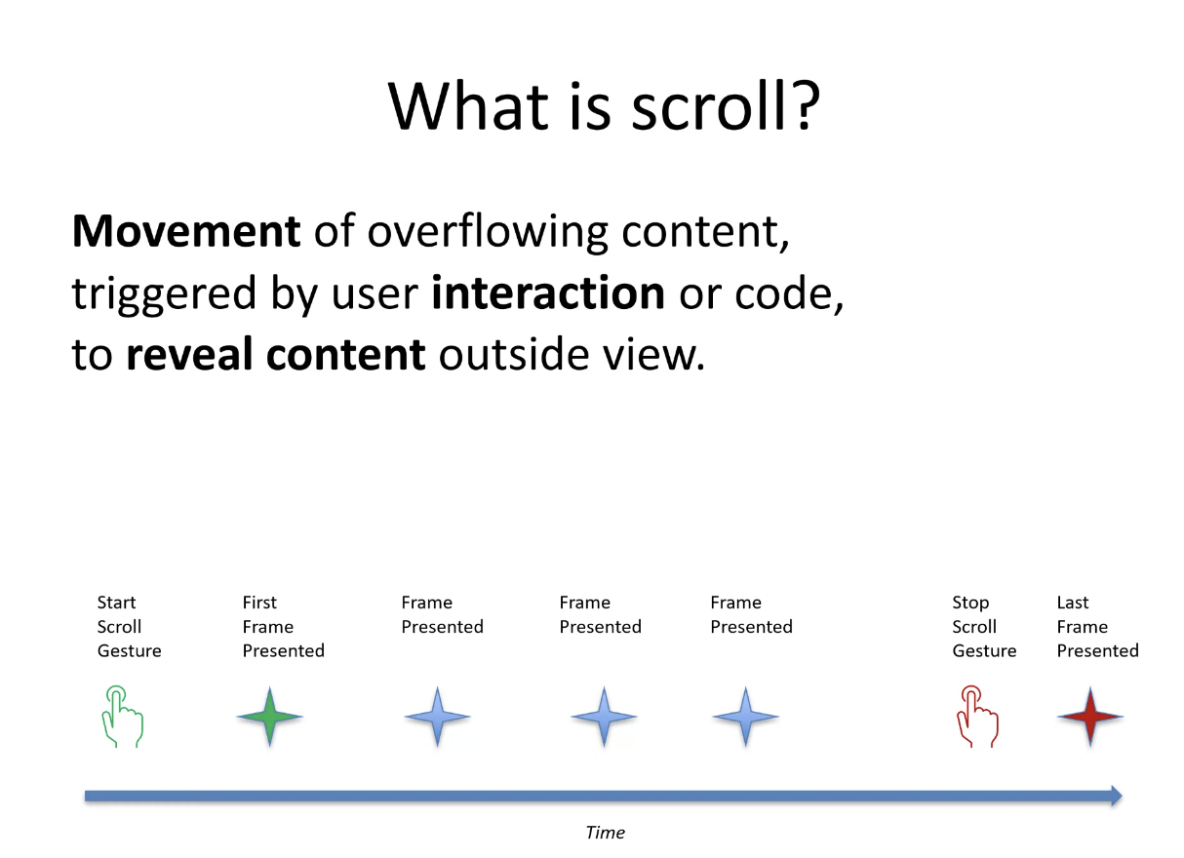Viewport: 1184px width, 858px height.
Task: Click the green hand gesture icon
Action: [122, 717]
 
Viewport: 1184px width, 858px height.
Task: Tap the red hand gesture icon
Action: [977, 717]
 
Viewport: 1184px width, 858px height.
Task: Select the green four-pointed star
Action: [269, 717]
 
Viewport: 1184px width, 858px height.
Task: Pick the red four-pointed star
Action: [1090, 717]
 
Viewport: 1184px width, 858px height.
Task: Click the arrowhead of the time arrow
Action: [1116, 797]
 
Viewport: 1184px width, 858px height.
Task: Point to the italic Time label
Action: [605, 833]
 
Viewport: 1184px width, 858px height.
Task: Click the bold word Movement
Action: [186, 231]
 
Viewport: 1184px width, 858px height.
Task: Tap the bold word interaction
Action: [547, 292]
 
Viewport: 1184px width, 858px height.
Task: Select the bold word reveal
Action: [189, 354]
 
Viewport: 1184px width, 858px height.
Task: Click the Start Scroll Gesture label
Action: [129, 627]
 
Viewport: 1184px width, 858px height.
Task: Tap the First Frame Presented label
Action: [283, 627]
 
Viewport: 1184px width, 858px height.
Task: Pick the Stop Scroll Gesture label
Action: [984, 627]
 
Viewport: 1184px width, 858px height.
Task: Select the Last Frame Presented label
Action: [1098, 627]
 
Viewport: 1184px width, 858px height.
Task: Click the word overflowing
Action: [488, 232]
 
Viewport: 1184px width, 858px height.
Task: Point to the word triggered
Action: [165, 295]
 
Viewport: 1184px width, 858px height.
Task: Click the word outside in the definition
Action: [514, 354]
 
